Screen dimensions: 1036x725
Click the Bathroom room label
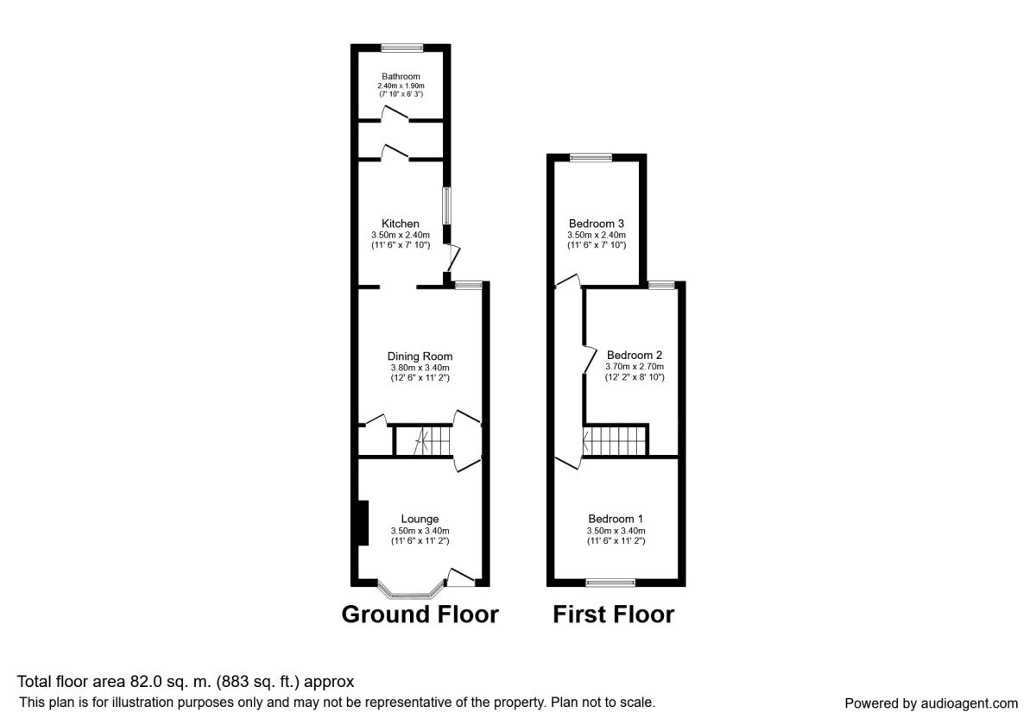401,76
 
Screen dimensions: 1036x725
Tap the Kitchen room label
401,224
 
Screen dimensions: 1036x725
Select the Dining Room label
420,356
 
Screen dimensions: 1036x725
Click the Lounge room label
420,520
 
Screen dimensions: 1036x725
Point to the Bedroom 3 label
597,224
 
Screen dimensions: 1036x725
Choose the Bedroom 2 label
635,355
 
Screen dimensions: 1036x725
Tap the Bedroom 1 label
616,520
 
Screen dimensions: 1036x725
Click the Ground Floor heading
420,615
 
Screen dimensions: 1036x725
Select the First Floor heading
614,615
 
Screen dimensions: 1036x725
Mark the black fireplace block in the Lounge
363,523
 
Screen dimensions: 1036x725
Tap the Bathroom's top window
402,47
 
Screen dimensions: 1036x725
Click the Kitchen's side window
447,205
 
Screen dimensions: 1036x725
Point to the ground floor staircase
423,441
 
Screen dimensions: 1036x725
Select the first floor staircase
614,441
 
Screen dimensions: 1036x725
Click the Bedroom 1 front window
610,583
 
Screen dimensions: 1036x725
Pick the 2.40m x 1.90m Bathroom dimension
401,86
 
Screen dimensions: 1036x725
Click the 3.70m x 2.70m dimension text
635,367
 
